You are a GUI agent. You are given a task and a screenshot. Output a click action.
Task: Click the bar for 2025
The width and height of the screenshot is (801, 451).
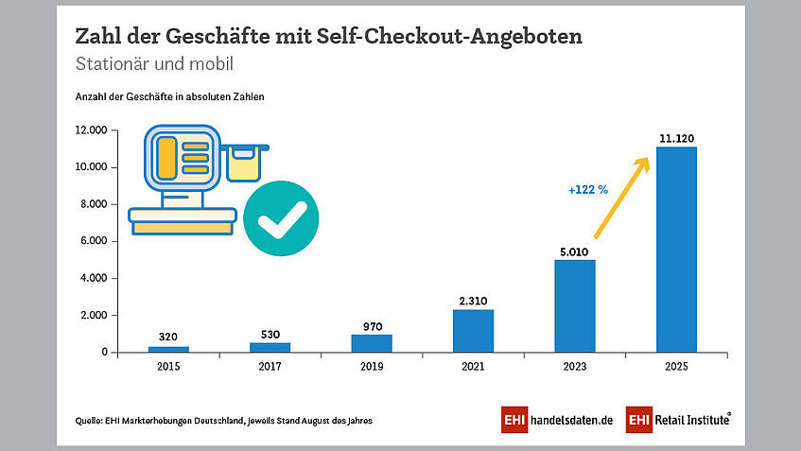tap(676, 250)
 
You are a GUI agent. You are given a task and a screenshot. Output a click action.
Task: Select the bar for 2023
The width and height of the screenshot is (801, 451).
tap(575, 305)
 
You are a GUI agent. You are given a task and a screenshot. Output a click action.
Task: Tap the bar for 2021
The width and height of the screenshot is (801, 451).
tap(473, 331)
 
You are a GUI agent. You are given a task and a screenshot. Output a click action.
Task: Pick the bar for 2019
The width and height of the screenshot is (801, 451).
tap(372, 343)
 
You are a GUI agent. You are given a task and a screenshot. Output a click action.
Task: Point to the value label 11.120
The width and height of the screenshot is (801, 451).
tap(676, 138)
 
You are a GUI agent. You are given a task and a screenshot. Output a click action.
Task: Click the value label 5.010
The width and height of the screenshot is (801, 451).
tap(575, 252)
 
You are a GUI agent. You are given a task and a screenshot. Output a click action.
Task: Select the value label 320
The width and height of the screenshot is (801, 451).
tap(168, 337)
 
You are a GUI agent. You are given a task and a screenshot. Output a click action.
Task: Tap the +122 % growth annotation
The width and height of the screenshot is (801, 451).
tap(587, 190)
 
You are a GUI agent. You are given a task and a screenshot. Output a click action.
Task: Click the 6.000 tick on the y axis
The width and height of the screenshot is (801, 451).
tap(97, 241)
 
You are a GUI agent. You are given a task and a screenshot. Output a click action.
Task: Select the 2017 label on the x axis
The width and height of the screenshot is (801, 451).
tap(270, 365)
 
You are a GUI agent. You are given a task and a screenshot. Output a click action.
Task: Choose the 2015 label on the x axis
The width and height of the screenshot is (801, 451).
tap(168, 365)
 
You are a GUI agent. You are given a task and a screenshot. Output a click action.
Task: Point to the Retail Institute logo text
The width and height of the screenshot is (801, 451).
tap(689, 420)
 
